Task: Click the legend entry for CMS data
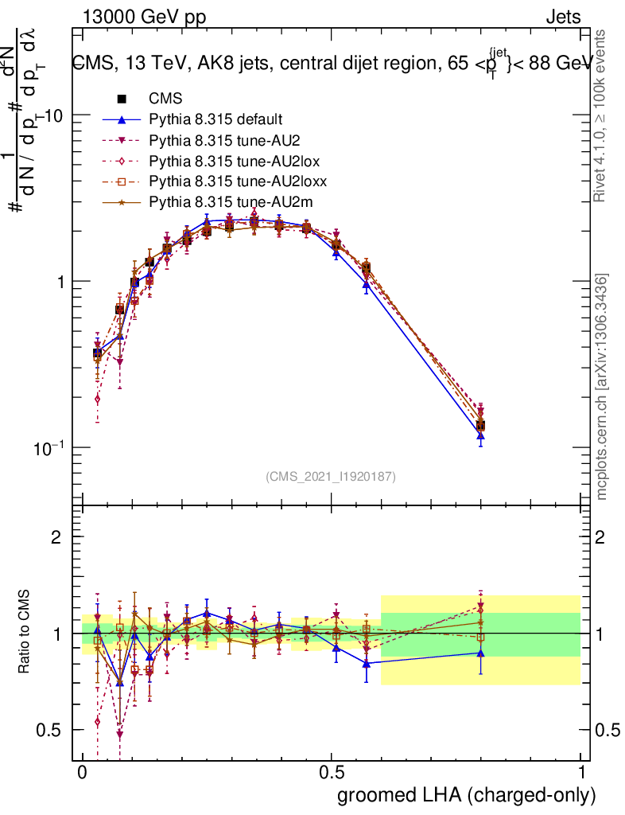[165, 99]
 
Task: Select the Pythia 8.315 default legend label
[215, 120]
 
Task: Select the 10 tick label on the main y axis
[53, 115]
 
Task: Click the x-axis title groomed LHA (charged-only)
[468, 795]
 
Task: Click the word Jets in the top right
[563, 18]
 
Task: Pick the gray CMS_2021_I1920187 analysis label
[331, 477]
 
